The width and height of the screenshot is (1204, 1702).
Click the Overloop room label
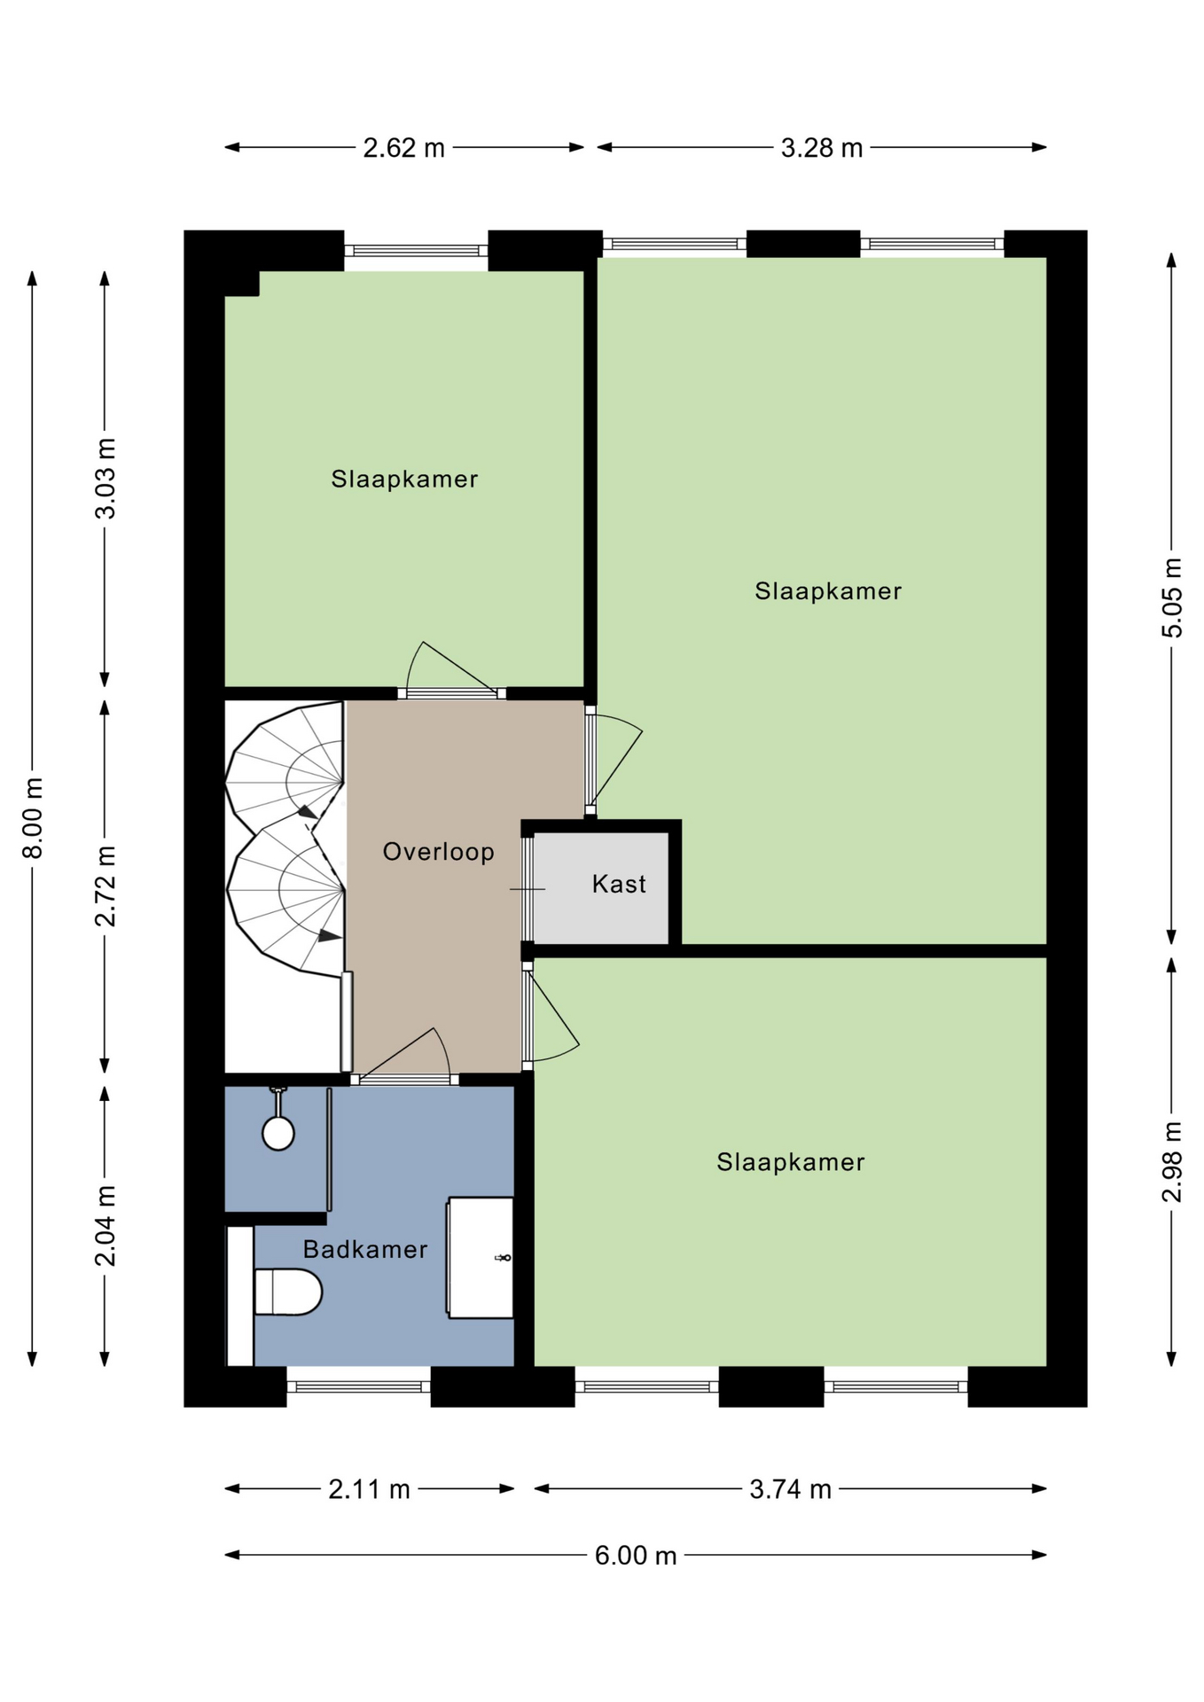[x=438, y=852]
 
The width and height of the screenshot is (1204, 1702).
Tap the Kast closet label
[x=619, y=884]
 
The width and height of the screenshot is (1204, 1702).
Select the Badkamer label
[x=365, y=1249]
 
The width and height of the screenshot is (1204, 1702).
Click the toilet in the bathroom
[x=287, y=1292]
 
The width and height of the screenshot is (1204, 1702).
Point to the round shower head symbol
[x=278, y=1134]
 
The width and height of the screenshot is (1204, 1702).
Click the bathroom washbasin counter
[x=481, y=1257]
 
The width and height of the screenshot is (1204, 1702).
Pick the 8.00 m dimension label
[x=33, y=817]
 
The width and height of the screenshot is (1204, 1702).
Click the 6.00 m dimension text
[x=636, y=1556]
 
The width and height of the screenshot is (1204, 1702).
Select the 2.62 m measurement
[x=404, y=147]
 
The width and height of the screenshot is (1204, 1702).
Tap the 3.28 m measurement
[x=822, y=147]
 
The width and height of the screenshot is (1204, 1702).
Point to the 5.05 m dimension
[x=1172, y=597]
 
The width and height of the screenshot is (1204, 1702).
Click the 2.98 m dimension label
[x=1172, y=1162]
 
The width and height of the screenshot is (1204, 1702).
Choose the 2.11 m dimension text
[x=370, y=1489]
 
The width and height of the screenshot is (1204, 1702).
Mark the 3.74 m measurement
[x=791, y=1489]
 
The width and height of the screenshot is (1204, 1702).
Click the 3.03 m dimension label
[x=106, y=479]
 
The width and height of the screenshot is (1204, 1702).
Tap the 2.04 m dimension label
[x=106, y=1226]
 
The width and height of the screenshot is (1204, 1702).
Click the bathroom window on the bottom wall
[x=359, y=1386]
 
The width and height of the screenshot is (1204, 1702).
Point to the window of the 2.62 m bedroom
[x=416, y=251]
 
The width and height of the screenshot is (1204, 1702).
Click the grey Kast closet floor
[x=601, y=888]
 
